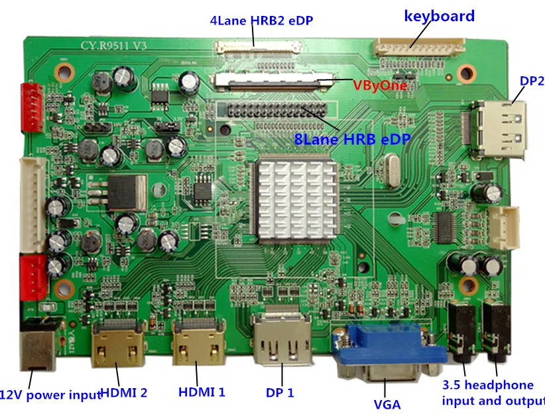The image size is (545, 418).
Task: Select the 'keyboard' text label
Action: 439,16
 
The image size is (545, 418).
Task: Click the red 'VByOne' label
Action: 380,86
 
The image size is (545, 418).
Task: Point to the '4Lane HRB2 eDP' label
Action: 261,21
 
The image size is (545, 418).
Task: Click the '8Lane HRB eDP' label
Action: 352,139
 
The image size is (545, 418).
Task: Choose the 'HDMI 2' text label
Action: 124,392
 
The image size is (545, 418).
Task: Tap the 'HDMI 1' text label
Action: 202,392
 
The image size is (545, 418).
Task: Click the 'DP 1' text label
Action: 280,392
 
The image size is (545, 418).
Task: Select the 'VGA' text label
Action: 387,403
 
